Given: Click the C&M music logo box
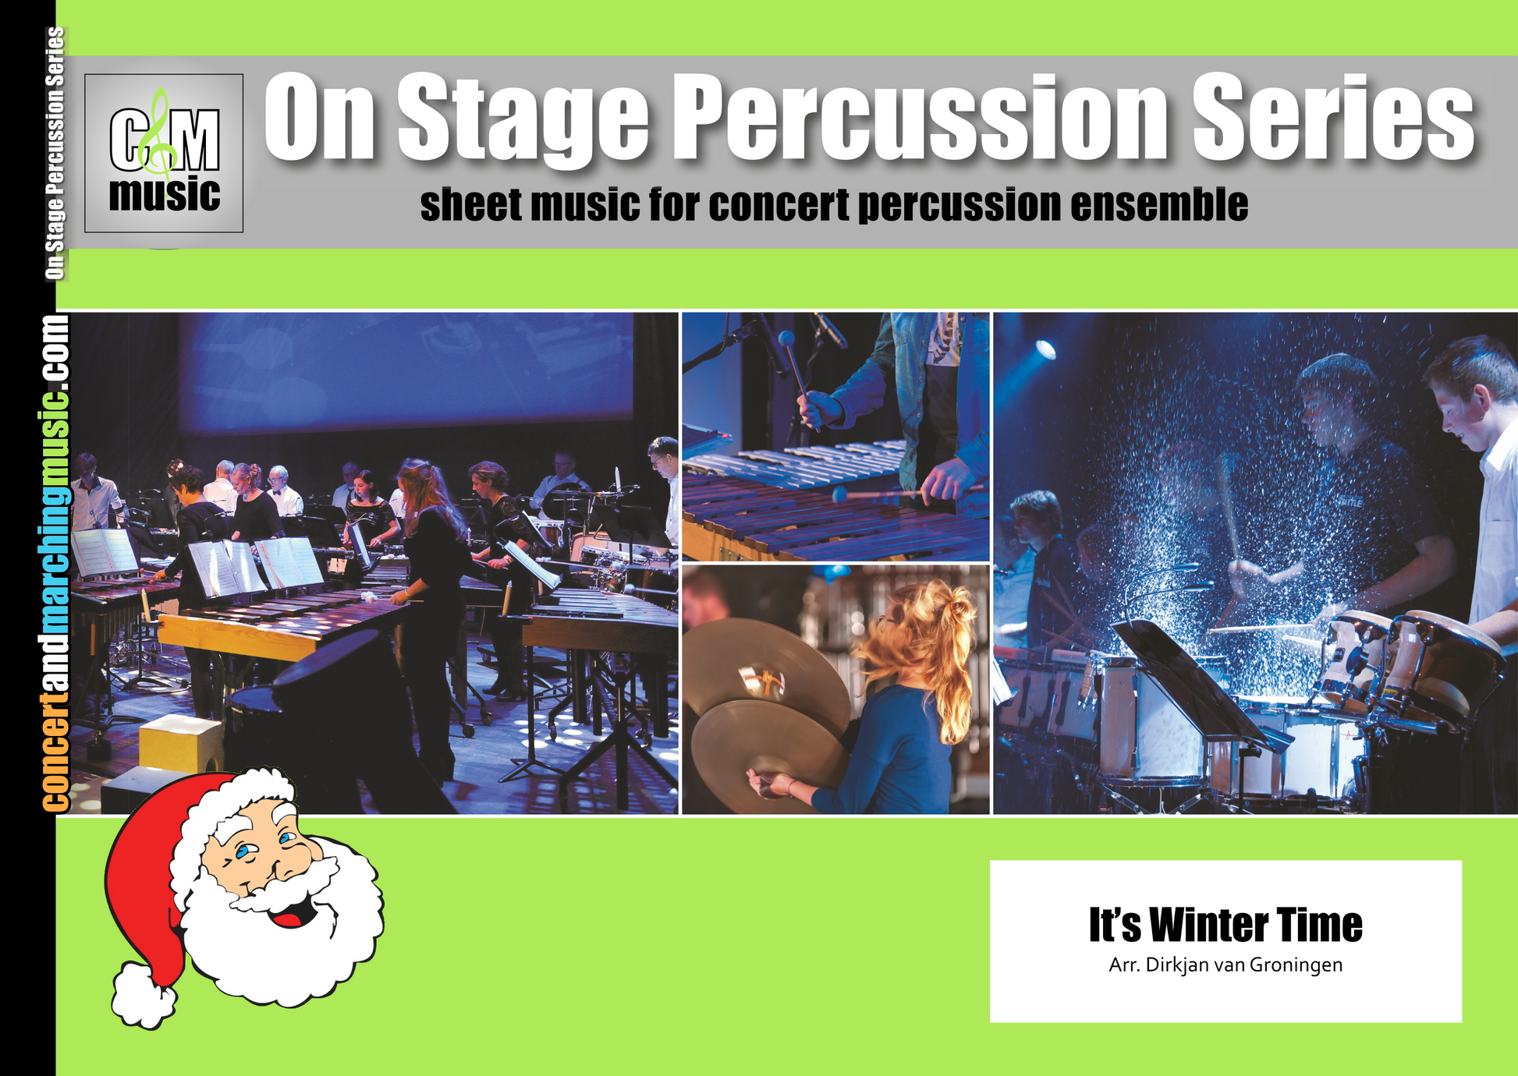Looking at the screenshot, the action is tap(164, 153).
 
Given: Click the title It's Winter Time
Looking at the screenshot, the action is tap(1225, 925).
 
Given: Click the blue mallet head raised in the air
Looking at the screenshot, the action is tap(786, 338).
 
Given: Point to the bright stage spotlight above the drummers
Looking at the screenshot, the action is tap(1045, 349).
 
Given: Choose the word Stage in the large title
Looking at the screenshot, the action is tap(523, 119).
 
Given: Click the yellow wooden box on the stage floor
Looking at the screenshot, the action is tap(180, 744).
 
